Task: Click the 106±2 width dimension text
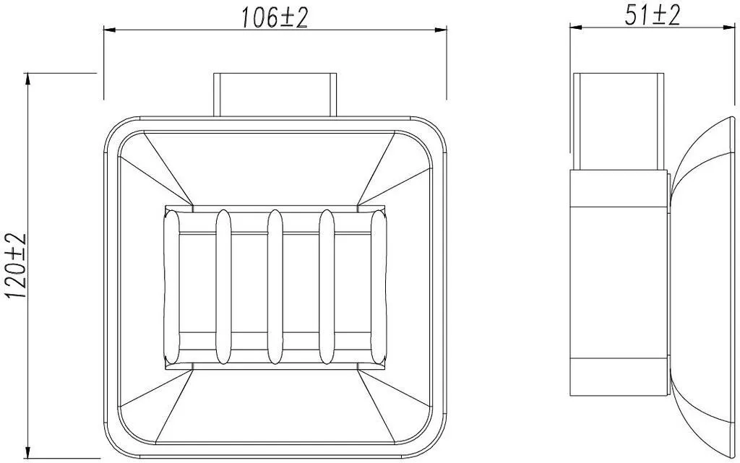click(x=275, y=18)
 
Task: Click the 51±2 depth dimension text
click(x=653, y=16)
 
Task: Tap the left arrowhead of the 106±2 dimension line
click(x=110, y=30)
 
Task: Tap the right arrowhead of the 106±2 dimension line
click(x=441, y=30)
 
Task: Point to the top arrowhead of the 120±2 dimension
click(x=28, y=79)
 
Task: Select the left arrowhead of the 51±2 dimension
click(x=576, y=27)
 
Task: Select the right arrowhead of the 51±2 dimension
click(x=729, y=27)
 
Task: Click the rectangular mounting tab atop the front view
click(x=275, y=95)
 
